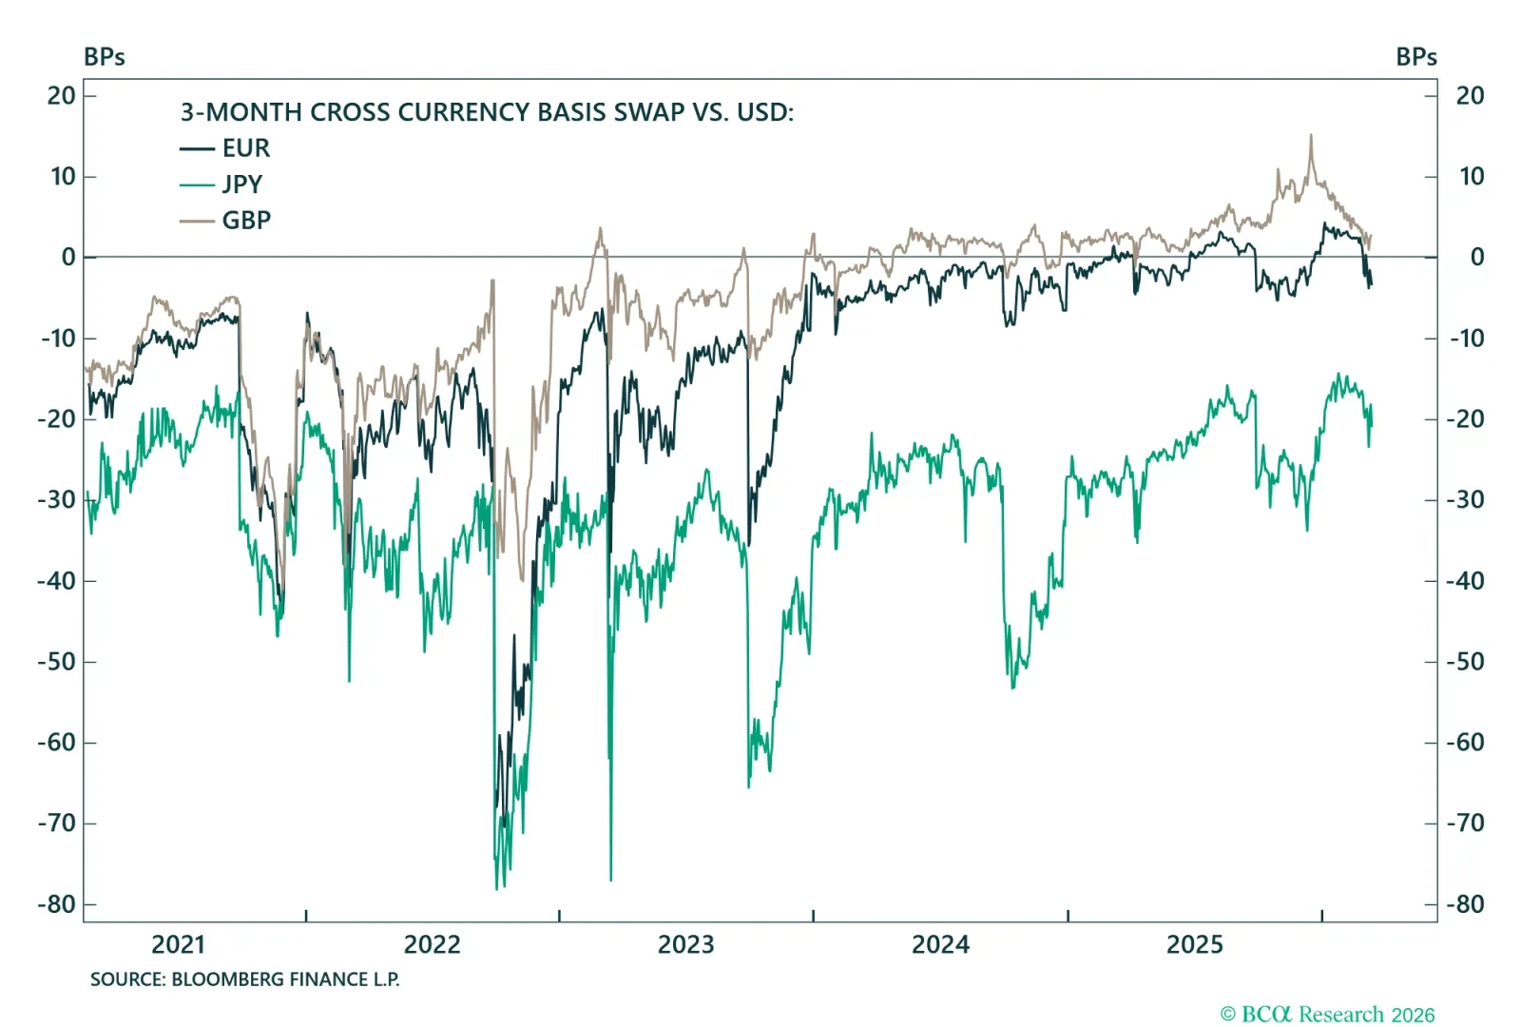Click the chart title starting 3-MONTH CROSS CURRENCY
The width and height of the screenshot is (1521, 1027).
click(x=487, y=112)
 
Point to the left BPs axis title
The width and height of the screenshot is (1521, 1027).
click(x=105, y=57)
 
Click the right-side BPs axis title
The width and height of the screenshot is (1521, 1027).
click(x=1415, y=57)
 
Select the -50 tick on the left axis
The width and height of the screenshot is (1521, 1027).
click(x=56, y=662)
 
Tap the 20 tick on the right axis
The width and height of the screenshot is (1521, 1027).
click(x=1470, y=96)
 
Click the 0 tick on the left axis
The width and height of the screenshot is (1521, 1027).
click(x=68, y=258)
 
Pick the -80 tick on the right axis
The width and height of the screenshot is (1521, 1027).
click(x=1465, y=904)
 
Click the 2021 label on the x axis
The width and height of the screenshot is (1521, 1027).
click(x=178, y=945)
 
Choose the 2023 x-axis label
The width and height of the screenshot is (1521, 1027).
click(x=685, y=945)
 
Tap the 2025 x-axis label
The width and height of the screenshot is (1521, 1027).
click(x=1194, y=945)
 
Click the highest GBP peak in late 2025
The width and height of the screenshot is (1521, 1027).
click(x=1311, y=136)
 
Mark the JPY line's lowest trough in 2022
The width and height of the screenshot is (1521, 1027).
click(x=497, y=888)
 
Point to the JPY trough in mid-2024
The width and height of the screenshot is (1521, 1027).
click(x=1012, y=687)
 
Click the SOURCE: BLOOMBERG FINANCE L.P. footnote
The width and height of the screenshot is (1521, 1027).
click(x=244, y=979)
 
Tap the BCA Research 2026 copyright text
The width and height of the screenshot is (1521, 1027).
click(x=1327, y=1015)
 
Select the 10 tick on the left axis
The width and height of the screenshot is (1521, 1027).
click(x=63, y=177)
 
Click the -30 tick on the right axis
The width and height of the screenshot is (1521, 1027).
click(x=1465, y=500)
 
